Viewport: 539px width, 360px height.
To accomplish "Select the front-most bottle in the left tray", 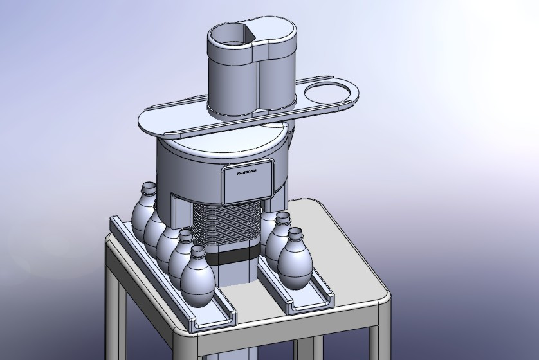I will (197, 278).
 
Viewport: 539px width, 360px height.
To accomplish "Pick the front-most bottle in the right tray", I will (295, 260).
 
